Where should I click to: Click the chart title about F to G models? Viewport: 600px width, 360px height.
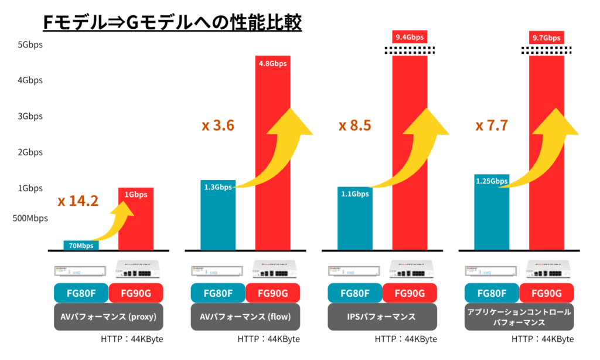(172, 22)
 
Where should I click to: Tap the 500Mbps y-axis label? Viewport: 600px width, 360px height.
(29, 219)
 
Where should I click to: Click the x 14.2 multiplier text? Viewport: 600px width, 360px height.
(78, 201)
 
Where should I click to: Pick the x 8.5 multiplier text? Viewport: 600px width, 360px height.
(354, 125)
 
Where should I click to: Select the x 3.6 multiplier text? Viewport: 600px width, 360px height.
(218, 125)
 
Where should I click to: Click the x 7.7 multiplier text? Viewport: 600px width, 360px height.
(492, 125)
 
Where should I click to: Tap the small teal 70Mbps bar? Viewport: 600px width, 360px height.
(81, 245)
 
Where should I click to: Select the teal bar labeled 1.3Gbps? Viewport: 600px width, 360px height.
(218, 215)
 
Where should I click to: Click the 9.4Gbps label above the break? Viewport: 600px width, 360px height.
(410, 38)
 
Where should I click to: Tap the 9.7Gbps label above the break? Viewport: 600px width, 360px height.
(546, 38)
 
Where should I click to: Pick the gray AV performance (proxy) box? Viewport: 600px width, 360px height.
(108, 317)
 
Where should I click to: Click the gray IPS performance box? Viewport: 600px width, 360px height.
(382, 317)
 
